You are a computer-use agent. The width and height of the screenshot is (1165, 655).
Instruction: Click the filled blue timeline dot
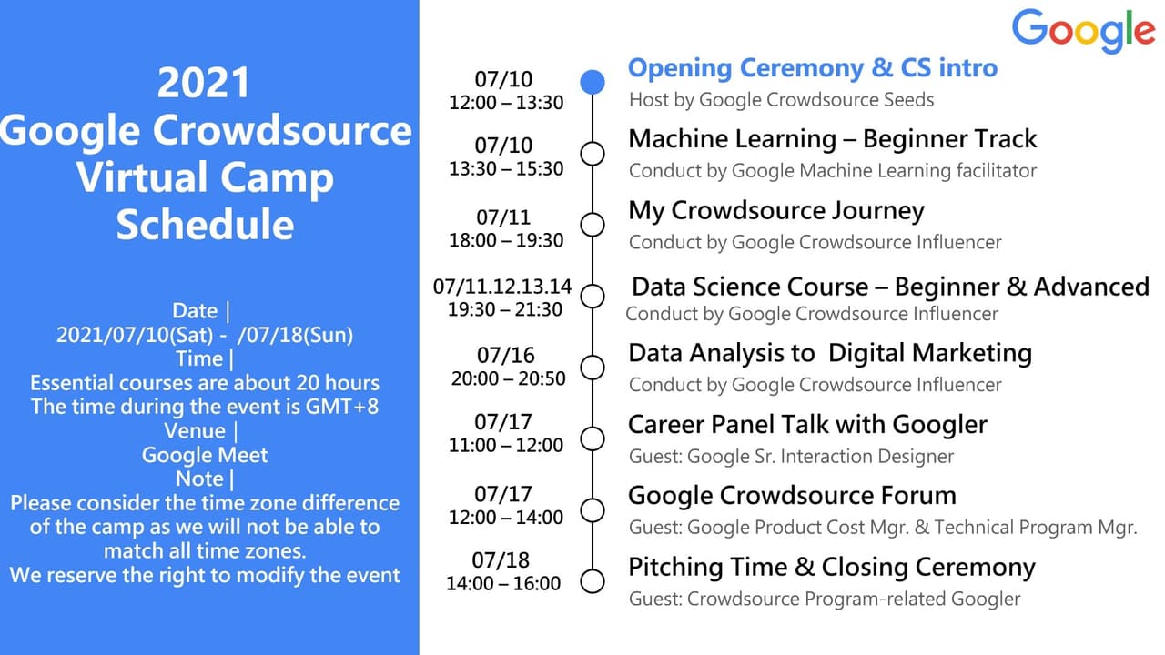[x=593, y=82]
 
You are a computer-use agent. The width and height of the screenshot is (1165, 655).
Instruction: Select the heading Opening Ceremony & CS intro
[x=812, y=68]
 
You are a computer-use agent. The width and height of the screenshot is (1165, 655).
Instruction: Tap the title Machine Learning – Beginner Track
[x=832, y=139]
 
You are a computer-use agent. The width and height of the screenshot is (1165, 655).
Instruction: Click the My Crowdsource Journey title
[x=775, y=211]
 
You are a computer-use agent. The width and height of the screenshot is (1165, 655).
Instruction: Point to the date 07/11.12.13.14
[x=502, y=287]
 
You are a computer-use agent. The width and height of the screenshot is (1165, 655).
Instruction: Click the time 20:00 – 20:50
[x=508, y=378]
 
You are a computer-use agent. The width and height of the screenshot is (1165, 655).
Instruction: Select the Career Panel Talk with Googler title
[x=807, y=425]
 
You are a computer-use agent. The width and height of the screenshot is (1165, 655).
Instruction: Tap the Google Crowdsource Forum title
[x=792, y=496]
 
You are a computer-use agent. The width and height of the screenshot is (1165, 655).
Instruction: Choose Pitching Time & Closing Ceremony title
[x=831, y=568]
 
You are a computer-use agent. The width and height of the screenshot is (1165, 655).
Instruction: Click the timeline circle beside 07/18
[x=593, y=581]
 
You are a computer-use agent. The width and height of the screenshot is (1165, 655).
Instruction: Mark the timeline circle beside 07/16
[x=593, y=367]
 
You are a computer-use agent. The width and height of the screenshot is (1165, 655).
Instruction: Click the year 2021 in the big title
[x=204, y=84]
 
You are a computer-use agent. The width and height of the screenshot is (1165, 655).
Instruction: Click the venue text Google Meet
[x=205, y=455]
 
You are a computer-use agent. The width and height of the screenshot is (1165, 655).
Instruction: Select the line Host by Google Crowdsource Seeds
[x=781, y=99]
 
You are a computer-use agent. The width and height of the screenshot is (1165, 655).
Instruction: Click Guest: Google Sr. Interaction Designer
[x=791, y=457]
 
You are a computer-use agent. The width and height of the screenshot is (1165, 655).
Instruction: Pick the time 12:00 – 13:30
[x=506, y=103]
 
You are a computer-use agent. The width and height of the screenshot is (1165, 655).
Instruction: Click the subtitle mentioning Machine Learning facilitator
[x=832, y=171]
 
